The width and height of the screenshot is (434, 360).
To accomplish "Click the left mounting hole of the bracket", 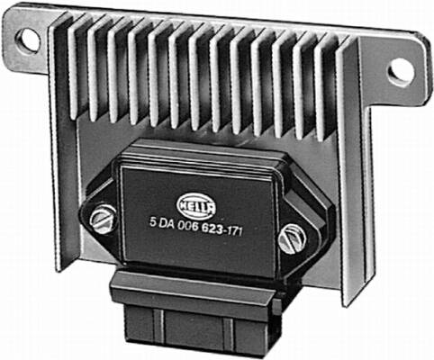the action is [x=28, y=40].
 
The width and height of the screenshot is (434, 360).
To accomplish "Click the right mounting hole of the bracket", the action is [x=402, y=72].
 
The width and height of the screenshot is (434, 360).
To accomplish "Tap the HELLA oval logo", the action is [x=196, y=205].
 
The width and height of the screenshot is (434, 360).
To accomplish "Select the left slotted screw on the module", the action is [x=103, y=219].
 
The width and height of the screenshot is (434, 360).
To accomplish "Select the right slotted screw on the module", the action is [x=292, y=238].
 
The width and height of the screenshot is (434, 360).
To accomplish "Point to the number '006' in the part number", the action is [x=187, y=226].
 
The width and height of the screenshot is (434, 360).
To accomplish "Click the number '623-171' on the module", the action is [x=222, y=229].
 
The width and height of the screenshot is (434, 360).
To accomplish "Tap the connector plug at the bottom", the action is [x=195, y=312].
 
